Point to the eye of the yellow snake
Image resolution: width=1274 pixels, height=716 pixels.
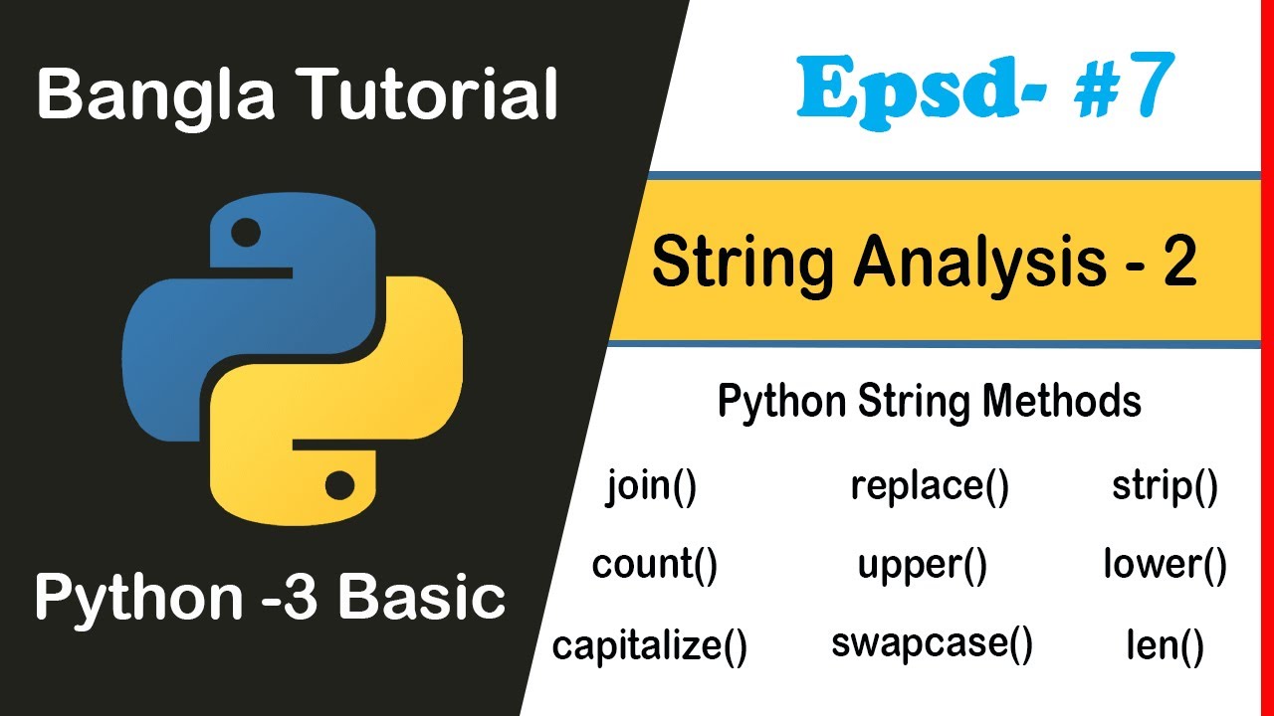tap(339, 485)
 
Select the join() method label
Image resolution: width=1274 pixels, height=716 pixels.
tap(651, 489)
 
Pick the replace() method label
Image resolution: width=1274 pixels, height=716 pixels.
tap(930, 487)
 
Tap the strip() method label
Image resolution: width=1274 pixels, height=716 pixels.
tap(1165, 489)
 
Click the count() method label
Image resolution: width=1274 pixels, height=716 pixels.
tap(654, 567)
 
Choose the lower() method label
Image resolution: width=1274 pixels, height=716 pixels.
tap(1165, 567)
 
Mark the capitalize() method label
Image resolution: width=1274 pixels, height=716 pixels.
tap(650, 646)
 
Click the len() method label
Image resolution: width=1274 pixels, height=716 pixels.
tap(1165, 646)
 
